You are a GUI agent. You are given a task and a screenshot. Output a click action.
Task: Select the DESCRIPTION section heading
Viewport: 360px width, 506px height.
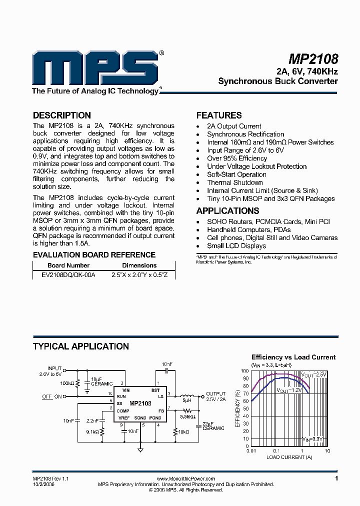61,115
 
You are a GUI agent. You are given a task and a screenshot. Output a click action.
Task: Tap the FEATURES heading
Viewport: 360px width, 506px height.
219,115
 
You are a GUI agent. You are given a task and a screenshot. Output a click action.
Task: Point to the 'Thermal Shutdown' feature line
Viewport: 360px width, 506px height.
234,182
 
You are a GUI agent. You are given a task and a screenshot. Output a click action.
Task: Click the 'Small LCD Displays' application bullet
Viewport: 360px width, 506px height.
236,246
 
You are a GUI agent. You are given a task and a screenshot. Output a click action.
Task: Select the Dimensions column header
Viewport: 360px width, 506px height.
139,265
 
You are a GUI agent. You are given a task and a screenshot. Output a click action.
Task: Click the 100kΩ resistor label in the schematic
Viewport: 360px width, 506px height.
66,383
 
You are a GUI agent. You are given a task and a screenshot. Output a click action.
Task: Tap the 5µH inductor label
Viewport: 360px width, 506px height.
186,400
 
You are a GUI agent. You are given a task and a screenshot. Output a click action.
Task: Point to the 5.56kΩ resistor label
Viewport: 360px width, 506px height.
187,416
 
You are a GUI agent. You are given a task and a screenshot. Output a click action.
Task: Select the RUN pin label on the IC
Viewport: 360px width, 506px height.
121,396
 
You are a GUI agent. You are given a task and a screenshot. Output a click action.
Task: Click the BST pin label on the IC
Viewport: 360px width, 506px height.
156,389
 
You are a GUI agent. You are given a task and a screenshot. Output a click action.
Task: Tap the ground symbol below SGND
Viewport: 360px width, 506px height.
141,449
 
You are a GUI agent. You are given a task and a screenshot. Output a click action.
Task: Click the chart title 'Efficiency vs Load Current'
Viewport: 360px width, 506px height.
293,357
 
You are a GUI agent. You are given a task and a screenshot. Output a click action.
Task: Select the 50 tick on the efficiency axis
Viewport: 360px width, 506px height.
245,409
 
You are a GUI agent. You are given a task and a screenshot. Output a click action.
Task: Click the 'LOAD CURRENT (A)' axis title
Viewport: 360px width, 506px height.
290,457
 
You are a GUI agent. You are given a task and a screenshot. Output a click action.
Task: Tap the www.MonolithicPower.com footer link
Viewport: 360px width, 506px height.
185,478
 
